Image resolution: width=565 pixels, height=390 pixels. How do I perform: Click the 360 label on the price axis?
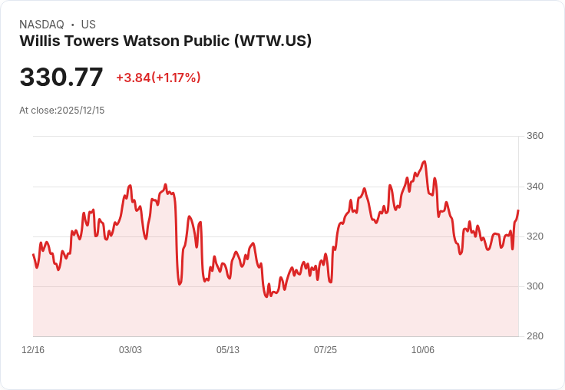535,136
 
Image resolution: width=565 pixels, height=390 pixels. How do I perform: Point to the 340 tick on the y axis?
535,187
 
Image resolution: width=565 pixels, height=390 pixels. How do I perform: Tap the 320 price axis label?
535,236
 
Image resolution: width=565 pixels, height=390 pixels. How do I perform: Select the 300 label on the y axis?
535,286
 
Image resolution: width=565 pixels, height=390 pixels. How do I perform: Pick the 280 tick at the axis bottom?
535,336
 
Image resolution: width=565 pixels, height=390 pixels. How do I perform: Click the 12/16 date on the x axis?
33,350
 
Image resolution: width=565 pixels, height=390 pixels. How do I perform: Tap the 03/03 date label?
131,350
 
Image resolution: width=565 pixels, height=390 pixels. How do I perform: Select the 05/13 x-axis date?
228,350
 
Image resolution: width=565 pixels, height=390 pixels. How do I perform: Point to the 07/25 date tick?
325,350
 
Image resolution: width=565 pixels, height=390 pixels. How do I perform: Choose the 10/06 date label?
423,350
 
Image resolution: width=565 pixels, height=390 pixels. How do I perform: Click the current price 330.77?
61,77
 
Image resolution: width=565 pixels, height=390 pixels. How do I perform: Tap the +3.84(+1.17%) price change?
158,78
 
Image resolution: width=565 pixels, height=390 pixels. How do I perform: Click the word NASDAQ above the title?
41,25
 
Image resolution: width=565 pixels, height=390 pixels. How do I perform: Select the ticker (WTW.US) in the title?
273,41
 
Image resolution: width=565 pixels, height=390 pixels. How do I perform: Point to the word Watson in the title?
151,41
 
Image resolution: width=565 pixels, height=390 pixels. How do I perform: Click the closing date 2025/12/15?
81,111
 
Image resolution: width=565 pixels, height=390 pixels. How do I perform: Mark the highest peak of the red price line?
425,161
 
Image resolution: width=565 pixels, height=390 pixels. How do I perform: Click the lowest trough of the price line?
266,296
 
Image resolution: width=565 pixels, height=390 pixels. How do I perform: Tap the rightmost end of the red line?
518,210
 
